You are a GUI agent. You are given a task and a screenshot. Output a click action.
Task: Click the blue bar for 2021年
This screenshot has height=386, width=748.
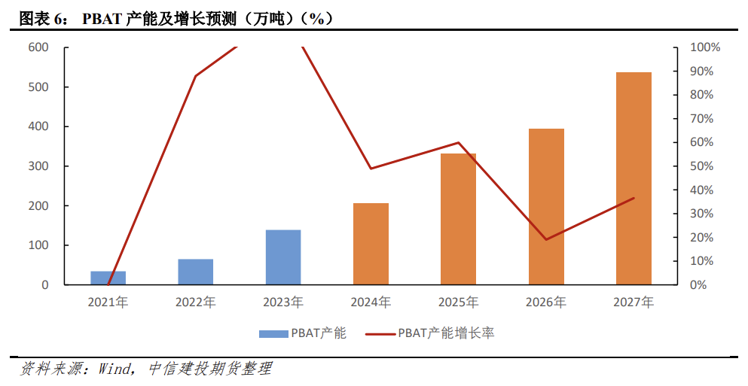[108, 278]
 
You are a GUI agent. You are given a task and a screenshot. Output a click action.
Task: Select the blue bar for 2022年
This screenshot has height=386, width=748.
[196, 272]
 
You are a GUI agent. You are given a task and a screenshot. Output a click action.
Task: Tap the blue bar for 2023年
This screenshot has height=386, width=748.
[283, 257]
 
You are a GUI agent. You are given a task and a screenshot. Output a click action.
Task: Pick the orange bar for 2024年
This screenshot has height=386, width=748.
[371, 244]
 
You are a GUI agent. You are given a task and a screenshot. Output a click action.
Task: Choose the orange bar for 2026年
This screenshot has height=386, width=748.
[546, 207]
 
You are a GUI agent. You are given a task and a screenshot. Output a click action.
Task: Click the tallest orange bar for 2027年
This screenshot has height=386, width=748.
[634, 178]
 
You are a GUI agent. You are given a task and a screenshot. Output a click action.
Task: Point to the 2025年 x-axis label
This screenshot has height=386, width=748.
[458, 302]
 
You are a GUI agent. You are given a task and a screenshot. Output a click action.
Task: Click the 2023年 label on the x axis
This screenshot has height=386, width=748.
[283, 302]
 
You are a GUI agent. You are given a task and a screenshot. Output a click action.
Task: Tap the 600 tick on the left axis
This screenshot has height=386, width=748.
[38, 47]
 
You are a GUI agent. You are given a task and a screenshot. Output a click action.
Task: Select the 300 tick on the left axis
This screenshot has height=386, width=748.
[38, 166]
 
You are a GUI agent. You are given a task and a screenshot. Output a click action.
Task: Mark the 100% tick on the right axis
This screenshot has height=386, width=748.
[705, 47]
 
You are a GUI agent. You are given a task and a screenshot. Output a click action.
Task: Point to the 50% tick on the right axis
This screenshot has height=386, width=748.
[702, 166]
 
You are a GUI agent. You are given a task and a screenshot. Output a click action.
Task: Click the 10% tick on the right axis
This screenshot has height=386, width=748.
[702, 261]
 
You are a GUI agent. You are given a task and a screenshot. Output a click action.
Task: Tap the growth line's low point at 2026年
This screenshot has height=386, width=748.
[546, 239]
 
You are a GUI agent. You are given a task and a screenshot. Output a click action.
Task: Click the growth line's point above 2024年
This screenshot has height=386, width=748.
[371, 169]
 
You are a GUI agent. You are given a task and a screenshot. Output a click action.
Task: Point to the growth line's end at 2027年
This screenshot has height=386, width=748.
[634, 198]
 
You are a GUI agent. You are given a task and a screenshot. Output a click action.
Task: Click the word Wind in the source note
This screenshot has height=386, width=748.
[116, 369]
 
